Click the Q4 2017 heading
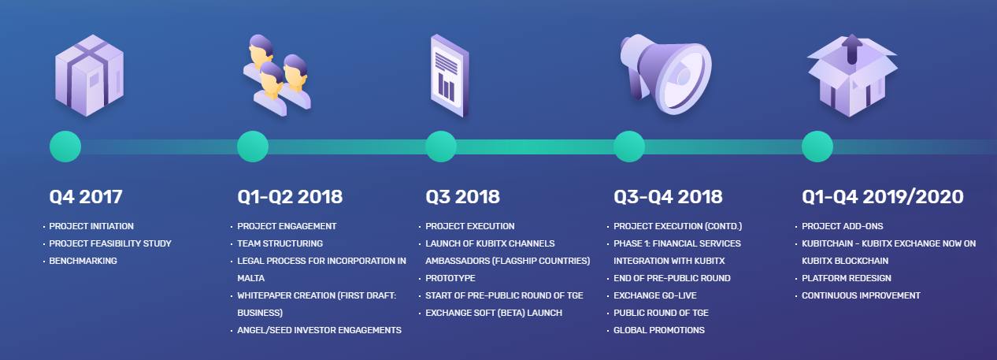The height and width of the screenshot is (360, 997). click(86, 197)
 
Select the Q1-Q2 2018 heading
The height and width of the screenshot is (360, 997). click(290, 197)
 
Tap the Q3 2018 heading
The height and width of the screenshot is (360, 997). click(462, 197)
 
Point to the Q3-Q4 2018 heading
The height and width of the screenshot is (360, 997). click(668, 197)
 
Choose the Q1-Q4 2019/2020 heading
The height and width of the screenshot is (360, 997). click(883, 197)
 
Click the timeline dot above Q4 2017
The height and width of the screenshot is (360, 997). click(65, 147)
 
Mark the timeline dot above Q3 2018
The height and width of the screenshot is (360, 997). click(441, 147)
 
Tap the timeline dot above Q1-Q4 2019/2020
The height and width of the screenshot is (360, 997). click(817, 147)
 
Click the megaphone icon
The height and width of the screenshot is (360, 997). click(666, 74)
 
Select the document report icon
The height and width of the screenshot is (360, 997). click(450, 76)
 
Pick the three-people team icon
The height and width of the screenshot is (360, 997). click(277, 75)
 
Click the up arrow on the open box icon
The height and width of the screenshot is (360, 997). click(852, 49)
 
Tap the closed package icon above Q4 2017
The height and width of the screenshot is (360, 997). click(89, 75)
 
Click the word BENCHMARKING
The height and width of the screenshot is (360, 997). click(83, 261)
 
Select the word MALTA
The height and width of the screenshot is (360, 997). click(251, 278)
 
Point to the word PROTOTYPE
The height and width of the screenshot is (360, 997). click(450, 278)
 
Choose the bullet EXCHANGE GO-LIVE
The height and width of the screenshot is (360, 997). click(655, 295)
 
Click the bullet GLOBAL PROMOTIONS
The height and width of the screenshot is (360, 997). click(659, 330)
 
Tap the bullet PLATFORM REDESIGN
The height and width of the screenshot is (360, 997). click(847, 278)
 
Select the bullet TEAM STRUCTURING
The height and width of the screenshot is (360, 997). click(280, 243)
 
